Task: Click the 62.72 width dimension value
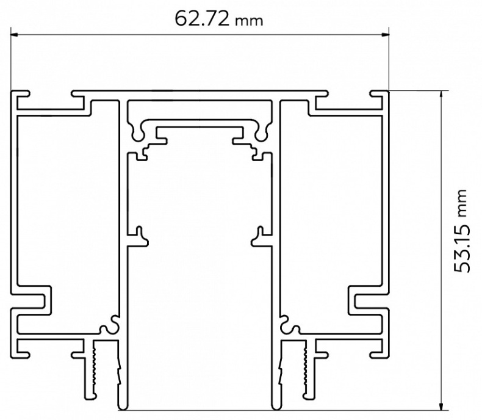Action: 201,18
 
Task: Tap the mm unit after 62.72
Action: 248,21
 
